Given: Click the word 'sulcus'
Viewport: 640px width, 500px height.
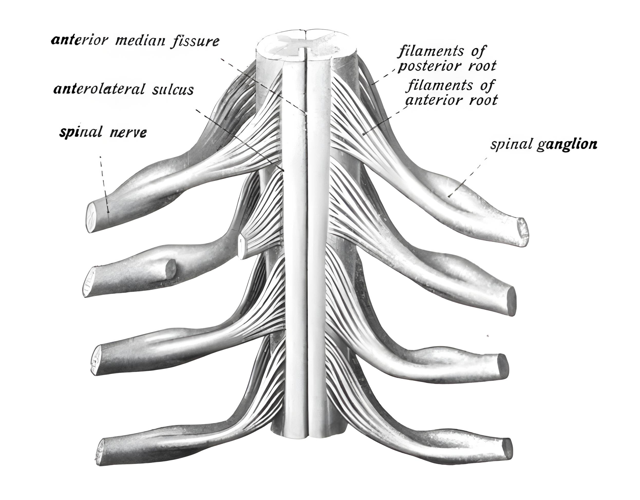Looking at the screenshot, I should point(173,90).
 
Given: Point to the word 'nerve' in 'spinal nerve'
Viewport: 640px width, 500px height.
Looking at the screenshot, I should point(128,133).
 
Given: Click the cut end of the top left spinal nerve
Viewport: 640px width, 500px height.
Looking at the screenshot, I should point(91,217).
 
